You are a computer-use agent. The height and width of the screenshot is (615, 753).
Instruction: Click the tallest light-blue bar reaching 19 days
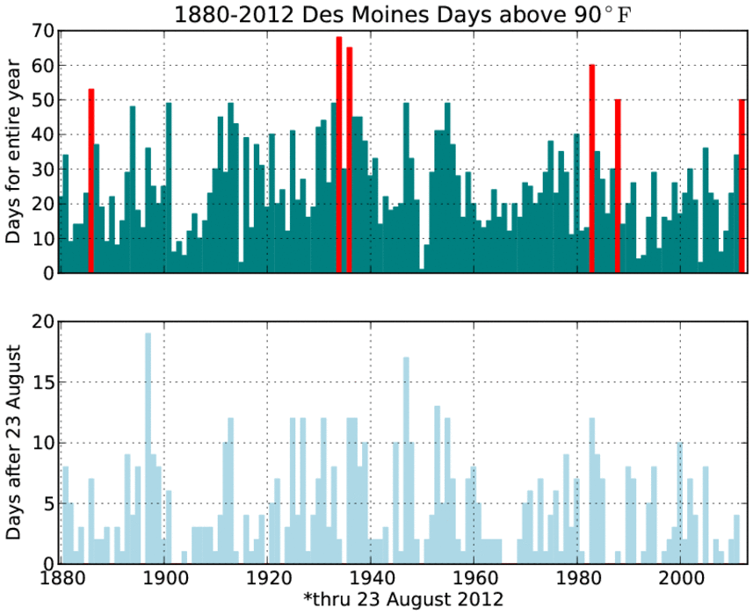tap(148, 448)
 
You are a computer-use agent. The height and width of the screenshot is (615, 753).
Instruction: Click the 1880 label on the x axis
tap(61, 581)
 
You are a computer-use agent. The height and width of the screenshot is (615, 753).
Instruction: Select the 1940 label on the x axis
tap(371, 581)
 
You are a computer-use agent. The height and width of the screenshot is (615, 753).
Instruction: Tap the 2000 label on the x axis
tap(680, 581)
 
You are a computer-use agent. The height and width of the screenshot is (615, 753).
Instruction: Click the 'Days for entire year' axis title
tap(15, 152)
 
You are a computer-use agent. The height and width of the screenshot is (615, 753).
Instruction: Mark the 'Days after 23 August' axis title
tap(15, 442)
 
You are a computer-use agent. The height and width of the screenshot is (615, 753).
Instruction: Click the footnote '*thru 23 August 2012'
tap(403, 600)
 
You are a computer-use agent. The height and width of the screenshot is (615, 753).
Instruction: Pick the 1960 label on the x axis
tap(474, 581)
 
